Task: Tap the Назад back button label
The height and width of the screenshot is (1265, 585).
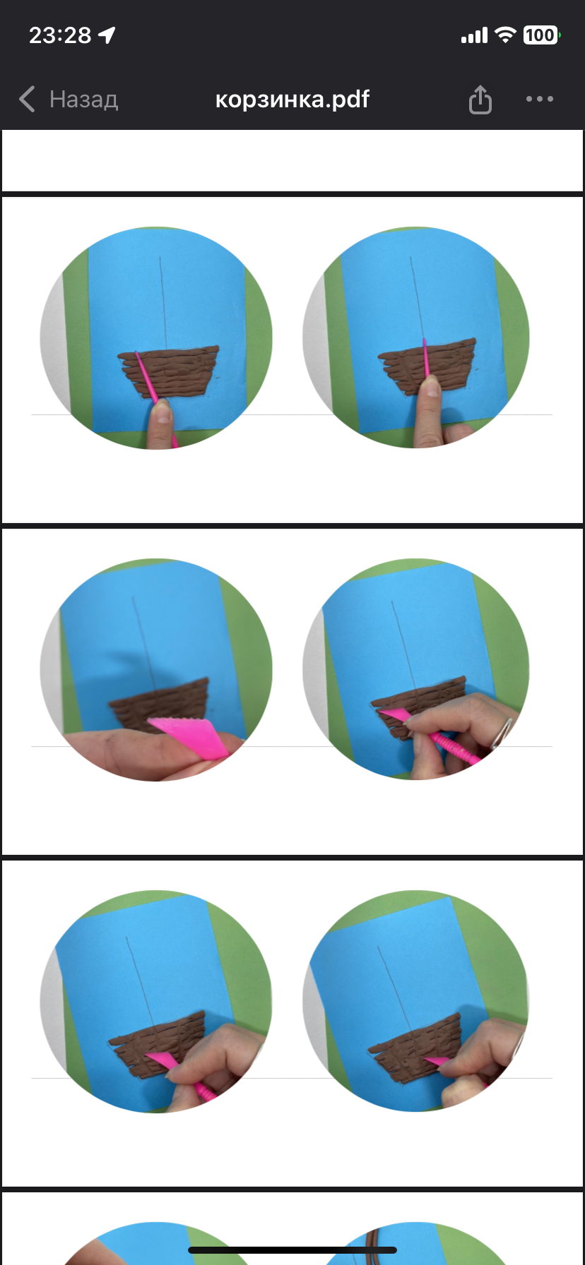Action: [x=83, y=100]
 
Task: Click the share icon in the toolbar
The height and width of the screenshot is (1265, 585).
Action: [x=480, y=99]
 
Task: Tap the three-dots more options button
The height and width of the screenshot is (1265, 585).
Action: [x=540, y=99]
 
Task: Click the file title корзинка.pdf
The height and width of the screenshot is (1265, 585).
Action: [x=292, y=99]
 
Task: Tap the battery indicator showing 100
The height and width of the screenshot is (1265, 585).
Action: [x=541, y=35]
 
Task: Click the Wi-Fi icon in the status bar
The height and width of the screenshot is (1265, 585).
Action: [x=506, y=35]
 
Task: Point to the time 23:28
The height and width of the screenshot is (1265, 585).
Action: [x=60, y=35]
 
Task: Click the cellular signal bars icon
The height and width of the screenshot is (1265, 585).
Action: [x=474, y=35]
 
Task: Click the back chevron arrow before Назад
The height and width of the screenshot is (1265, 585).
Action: [x=27, y=100]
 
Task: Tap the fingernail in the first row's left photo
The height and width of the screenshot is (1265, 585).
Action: [x=162, y=410]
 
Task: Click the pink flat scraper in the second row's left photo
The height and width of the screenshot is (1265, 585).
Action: [x=189, y=736]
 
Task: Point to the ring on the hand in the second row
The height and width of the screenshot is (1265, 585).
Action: [x=502, y=732]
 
